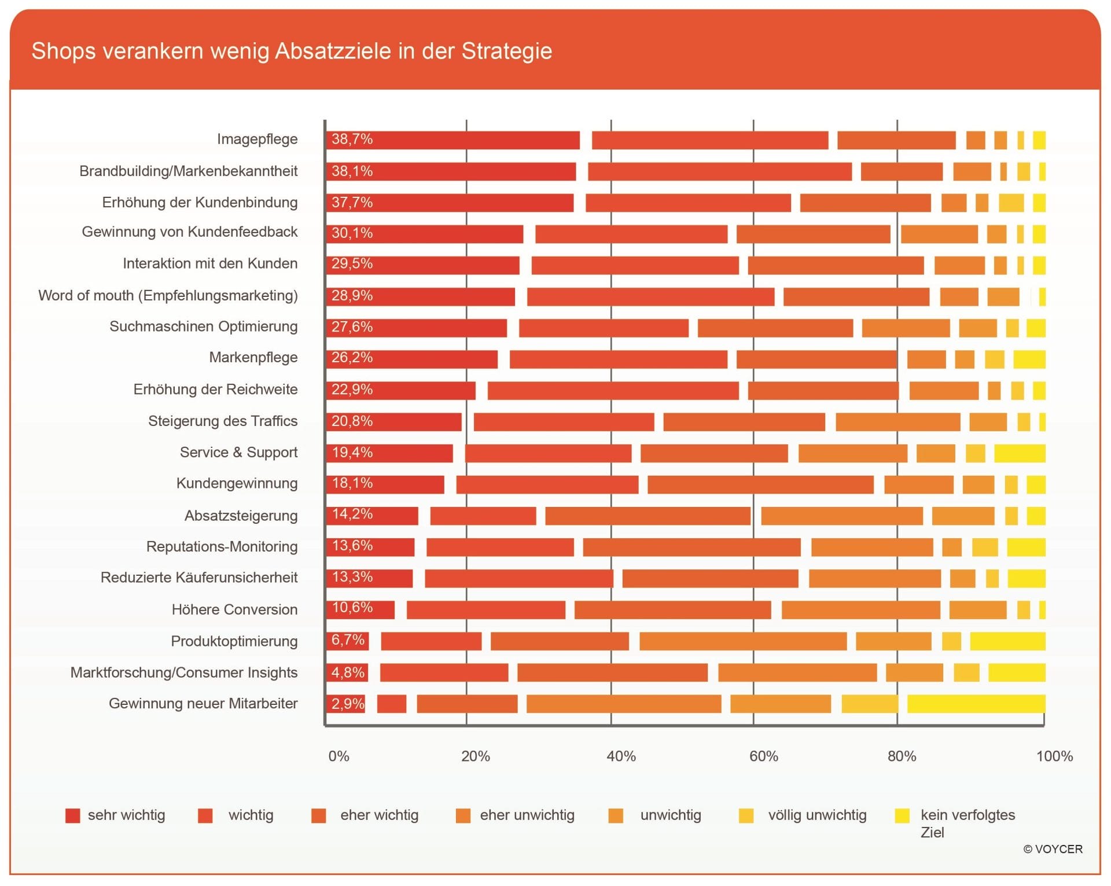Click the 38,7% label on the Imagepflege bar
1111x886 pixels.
(352, 139)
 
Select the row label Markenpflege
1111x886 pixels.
(253, 358)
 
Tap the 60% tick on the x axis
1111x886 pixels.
(764, 756)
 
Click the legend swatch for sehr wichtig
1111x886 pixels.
(73, 815)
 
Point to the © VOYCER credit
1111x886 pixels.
(1053, 849)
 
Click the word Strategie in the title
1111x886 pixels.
(507, 52)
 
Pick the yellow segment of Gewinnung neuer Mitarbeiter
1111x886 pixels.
(976, 704)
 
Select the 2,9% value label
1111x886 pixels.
(348, 704)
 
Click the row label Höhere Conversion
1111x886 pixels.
(234, 609)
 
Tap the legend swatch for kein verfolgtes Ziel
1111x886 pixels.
(902, 815)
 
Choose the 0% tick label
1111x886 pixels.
(339, 756)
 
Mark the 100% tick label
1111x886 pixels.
(1054, 756)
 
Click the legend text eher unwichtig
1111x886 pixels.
(527, 815)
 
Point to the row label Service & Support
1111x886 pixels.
(238, 453)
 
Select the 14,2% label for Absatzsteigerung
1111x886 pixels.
(352, 514)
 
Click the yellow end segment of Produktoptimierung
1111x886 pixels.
(1008, 641)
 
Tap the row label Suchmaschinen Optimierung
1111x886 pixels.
(204, 327)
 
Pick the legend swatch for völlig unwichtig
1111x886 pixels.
(746, 815)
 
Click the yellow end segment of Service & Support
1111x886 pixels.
(1020, 453)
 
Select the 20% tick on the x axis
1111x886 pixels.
(476, 756)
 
